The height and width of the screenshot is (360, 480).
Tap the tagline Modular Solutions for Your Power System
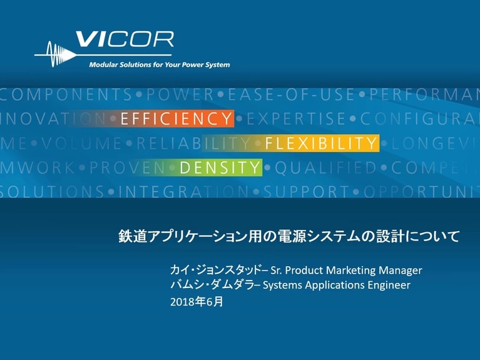coord(159,65)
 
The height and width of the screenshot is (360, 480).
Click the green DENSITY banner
coord(220,167)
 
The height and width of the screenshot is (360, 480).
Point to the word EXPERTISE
coord(300,119)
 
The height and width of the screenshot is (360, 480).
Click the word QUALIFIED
coord(325,167)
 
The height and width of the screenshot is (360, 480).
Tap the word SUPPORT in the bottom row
coord(301,191)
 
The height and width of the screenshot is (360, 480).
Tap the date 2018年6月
coord(196,301)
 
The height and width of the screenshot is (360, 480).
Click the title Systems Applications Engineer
coord(337,285)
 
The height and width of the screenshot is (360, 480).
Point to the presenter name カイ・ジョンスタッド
coord(215,270)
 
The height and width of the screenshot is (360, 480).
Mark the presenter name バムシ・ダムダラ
coord(212,285)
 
